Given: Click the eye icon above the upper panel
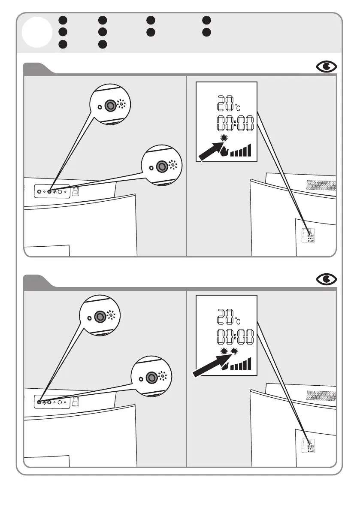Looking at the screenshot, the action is coord(327,67).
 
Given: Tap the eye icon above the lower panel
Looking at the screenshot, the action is coord(327,280).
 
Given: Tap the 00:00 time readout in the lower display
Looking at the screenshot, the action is coord(235,338).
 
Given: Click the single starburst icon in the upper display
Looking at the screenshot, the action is coord(224,138).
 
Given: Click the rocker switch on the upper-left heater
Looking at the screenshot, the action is coord(75,191).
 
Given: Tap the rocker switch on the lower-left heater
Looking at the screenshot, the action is coord(75,402).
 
